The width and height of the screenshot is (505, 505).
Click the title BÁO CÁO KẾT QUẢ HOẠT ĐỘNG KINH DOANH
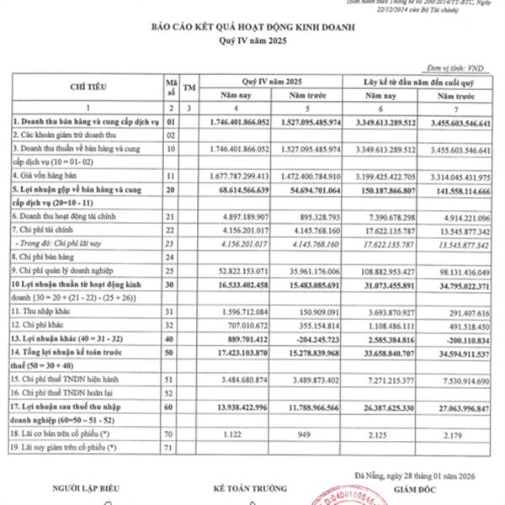click(x=252, y=28)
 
